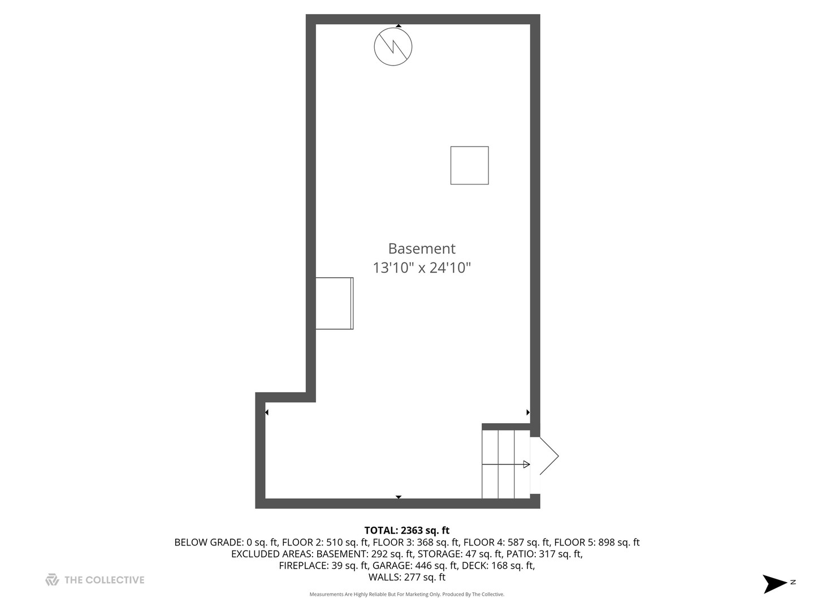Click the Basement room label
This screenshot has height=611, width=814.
422,248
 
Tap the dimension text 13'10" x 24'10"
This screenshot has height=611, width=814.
422,268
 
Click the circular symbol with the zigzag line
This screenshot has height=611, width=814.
393,46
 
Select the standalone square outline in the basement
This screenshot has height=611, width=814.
469,165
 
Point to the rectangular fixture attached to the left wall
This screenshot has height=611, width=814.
334,303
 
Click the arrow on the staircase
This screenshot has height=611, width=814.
525,464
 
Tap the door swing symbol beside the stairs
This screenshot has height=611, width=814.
547,455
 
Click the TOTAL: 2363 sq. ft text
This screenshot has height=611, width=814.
406,531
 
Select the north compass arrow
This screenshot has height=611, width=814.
775,583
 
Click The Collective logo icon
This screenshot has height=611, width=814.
52,580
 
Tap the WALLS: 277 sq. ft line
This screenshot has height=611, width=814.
406,578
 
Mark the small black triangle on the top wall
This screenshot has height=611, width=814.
399,26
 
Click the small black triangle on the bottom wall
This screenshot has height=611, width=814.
399,497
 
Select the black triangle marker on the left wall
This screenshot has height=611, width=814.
266,412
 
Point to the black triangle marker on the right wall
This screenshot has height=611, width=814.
528,412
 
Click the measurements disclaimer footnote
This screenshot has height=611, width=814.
406,595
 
